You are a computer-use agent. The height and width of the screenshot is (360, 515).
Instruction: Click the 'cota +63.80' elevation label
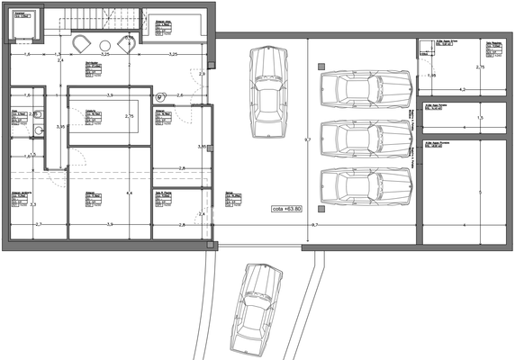click(x=287, y=208)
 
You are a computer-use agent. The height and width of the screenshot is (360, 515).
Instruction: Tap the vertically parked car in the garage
click(x=268, y=91)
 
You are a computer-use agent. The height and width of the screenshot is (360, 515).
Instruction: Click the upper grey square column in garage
click(x=321, y=66)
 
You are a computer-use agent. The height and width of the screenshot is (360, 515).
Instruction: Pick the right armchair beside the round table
click(x=126, y=45)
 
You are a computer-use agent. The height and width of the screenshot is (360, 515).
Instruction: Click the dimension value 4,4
click(x=129, y=193)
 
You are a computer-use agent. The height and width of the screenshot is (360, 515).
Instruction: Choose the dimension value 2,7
click(x=38, y=223)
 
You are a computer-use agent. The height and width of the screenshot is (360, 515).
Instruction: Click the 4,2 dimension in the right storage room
click(x=462, y=89)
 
